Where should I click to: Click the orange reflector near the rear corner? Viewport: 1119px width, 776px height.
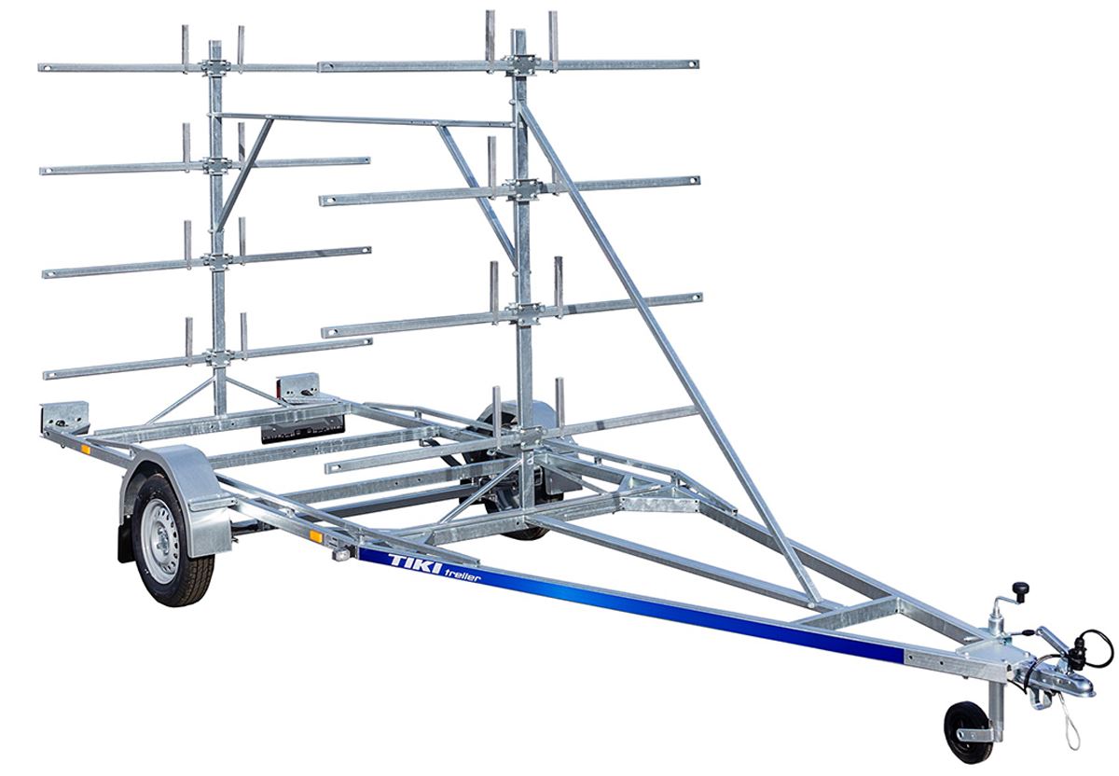[x=86, y=450]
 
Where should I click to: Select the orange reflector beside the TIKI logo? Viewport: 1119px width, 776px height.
[x=316, y=536]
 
